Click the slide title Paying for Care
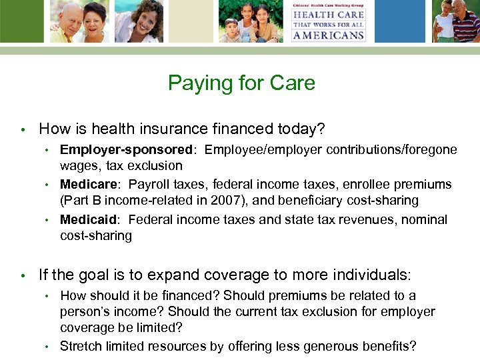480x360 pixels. pos(241,83)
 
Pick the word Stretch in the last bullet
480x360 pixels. pos(79,346)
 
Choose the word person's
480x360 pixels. pos(86,312)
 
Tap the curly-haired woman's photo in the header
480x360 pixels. pos(139,21)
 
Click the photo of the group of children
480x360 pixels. pos(250,21)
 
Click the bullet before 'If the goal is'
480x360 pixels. pos(22,275)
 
